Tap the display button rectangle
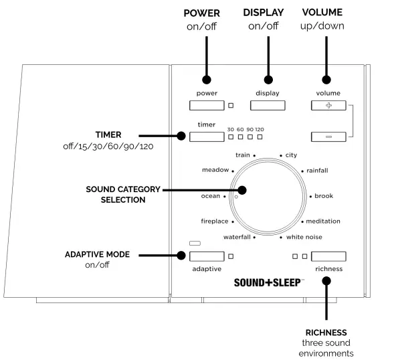(268, 105)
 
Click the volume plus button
(328, 105)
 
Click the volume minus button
(328, 137)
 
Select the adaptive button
(206, 256)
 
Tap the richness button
(328, 256)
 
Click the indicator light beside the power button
(231, 105)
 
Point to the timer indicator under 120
(260, 137)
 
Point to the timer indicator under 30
(230, 137)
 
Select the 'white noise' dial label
(305, 237)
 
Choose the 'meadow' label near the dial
(215, 170)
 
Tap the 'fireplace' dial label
(215, 221)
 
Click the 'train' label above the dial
(242, 155)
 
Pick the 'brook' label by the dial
(323, 196)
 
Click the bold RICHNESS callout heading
(327, 332)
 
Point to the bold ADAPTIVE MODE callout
(98, 255)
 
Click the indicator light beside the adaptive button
(231, 256)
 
